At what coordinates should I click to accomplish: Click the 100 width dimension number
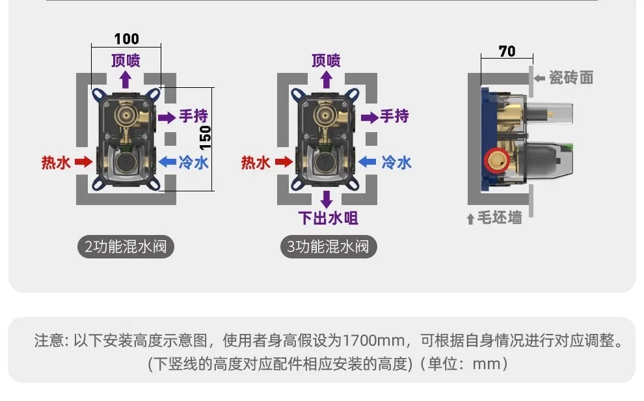click(x=126, y=39)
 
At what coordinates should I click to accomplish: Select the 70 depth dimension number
click(x=507, y=51)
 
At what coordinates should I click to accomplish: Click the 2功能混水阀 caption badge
click(x=126, y=247)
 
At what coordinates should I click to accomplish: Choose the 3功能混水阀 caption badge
click(x=328, y=247)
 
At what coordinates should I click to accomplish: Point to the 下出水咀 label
click(x=328, y=218)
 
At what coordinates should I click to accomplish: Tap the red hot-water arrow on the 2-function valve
click(x=84, y=161)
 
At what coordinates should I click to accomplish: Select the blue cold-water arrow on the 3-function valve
click(x=368, y=161)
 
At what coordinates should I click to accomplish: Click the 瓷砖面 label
click(x=571, y=77)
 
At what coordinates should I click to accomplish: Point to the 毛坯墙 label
click(x=499, y=217)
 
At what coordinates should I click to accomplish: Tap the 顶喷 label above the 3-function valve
click(x=327, y=61)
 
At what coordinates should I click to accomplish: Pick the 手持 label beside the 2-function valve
click(x=193, y=117)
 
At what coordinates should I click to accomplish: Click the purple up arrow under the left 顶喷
click(x=126, y=79)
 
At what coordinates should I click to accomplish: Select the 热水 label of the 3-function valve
click(x=256, y=162)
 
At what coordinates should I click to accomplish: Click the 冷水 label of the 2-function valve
click(x=193, y=162)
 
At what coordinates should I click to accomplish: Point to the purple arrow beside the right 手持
click(x=369, y=117)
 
